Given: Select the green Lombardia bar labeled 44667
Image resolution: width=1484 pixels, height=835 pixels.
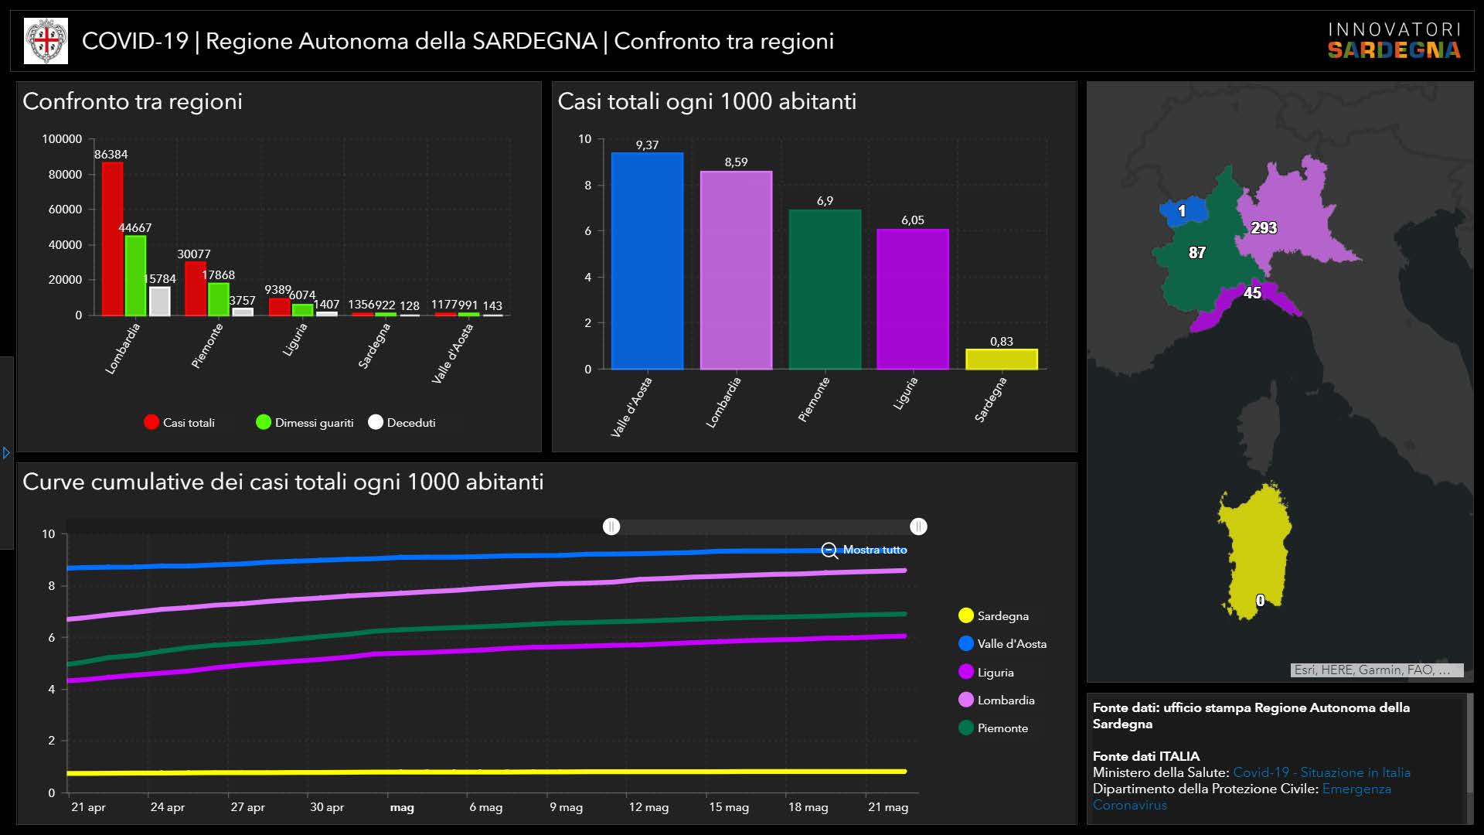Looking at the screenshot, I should tap(135, 275).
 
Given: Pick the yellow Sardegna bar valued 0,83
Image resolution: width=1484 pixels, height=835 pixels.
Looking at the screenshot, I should tap(1001, 360).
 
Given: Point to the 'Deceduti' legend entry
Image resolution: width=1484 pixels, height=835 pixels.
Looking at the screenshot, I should tap(402, 423).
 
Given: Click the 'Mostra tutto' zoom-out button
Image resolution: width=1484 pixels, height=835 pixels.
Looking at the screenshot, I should tap(864, 550).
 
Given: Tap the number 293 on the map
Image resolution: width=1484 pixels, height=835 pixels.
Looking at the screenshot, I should tap(1264, 228).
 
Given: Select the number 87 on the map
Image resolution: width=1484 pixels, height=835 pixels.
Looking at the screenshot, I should tap(1196, 253).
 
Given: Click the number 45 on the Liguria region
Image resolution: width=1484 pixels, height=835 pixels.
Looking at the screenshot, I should tap(1252, 293).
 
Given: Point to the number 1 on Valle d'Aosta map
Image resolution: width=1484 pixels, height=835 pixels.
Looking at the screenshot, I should tap(1181, 211).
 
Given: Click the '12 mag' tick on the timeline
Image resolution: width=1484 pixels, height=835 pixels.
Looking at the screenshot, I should tap(648, 807).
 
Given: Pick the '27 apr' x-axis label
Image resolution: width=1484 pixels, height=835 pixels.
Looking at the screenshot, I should tap(247, 807).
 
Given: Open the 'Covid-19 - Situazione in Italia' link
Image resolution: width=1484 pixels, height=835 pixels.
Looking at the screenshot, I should tap(1321, 772).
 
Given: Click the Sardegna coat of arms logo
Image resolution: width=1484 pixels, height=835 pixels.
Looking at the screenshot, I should tap(46, 41).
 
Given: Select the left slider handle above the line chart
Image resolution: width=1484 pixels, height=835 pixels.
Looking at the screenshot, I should tap(611, 527).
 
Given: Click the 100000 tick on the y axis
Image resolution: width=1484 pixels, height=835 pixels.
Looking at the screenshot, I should tap(62, 139).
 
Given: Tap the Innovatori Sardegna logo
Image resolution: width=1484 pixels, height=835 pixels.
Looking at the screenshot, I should tap(1394, 41).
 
